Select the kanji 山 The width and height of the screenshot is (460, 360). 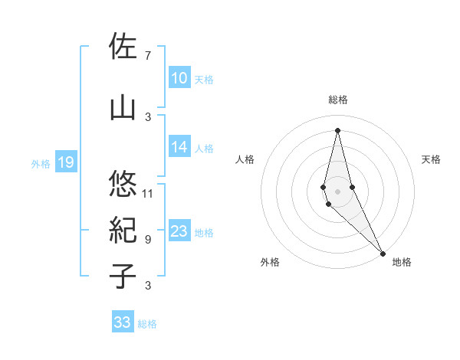(123, 107)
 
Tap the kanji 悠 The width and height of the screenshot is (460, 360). (123, 184)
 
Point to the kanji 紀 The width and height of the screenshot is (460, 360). (123, 230)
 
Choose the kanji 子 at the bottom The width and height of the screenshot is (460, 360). (123, 276)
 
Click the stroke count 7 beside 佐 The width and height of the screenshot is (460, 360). (147, 55)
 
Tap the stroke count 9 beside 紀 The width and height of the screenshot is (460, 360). (147, 239)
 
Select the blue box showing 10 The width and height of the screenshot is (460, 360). (179, 78)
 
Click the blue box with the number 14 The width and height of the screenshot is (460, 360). (179, 147)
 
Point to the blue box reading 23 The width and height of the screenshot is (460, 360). (179, 231)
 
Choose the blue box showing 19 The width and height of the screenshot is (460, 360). (65, 162)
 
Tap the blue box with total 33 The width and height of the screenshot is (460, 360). (122, 322)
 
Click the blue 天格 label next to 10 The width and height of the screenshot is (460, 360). (204, 79)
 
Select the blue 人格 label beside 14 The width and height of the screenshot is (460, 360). (204, 148)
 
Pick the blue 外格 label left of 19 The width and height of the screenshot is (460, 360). (41, 163)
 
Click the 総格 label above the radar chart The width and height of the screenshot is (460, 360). (337, 100)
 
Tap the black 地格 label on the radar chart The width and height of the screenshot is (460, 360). (402, 262)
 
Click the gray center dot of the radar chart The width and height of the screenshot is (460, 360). (337, 180)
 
